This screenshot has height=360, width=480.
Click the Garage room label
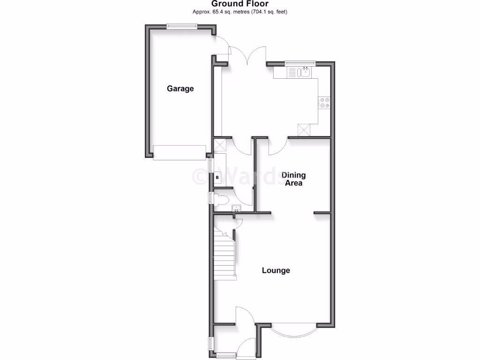(180, 89)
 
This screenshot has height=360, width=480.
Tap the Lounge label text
(276, 270)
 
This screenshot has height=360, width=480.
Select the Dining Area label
(294, 179)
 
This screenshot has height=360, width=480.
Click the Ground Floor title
(240, 4)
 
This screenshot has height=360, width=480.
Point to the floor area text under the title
(240, 12)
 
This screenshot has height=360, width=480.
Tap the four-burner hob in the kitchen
(324, 103)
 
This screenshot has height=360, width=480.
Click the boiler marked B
(217, 178)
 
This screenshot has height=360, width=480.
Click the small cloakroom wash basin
(237, 209)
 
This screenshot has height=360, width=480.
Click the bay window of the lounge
(294, 330)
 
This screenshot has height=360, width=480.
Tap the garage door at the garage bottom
(180, 152)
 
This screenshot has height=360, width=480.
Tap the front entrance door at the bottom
(246, 349)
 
